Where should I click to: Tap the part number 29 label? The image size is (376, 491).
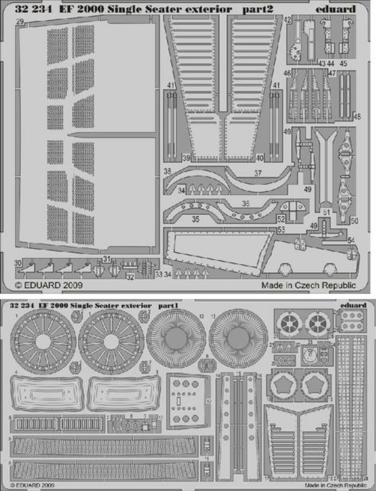coord(20,23)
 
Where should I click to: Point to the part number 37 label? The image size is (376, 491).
coord(258,173)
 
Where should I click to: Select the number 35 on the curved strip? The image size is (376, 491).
coord(195,220)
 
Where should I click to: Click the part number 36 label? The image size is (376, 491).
coord(245,203)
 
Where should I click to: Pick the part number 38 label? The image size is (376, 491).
coord(167,171)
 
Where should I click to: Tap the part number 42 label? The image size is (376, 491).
coord(288,20)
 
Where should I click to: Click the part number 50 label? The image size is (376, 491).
coord(354,221)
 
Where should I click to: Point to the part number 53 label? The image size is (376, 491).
coord(281,229)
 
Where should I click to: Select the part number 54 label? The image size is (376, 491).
coord(351,241)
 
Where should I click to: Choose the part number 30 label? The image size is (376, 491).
coord(18,263)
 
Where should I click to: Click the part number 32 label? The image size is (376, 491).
coord(130,277)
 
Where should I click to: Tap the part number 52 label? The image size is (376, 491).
coord(281,219)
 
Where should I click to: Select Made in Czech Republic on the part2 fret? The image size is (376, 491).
coord(308,285)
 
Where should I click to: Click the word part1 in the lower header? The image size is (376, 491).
coord(166,306)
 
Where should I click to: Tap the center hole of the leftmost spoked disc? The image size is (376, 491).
coord(43,342)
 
